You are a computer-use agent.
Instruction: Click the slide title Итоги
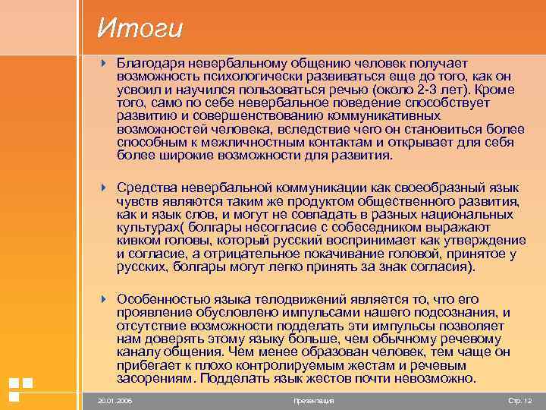pyautogui.click(x=140, y=28)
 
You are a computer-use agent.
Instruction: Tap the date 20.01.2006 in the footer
pyautogui.click(x=114, y=400)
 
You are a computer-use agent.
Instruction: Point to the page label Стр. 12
pyautogui.click(x=519, y=400)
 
